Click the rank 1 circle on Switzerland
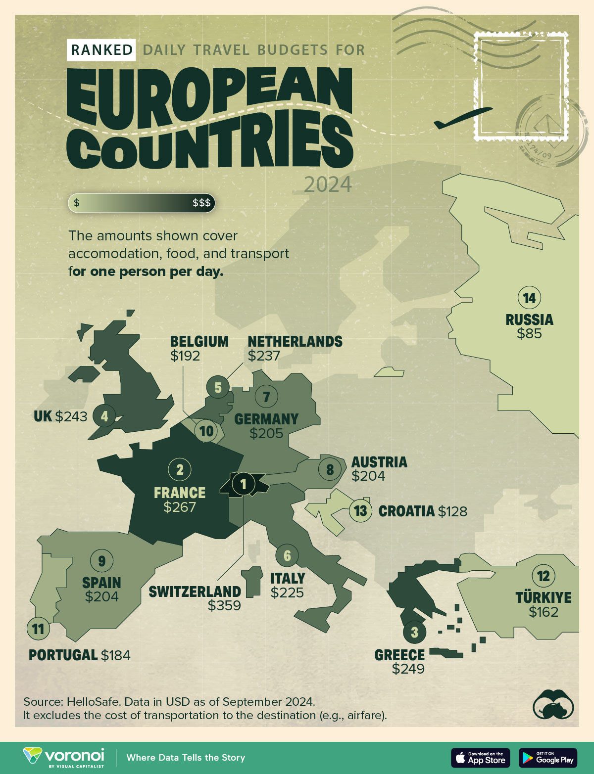[x=243, y=484]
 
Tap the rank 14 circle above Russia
[x=529, y=298]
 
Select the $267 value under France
[x=180, y=507]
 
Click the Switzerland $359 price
[x=224, y=605]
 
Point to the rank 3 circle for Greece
[x=414, y=632]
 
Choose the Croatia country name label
[x=406, y=511]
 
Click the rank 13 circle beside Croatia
[x=361, y=510]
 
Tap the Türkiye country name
[x=543, y=597]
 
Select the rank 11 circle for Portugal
[x=38, y=629]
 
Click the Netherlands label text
[x=295, y=342]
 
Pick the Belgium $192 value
[x=185, y=356]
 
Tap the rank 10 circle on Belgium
[x=206, y=431]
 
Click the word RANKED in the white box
[x=101, y=50]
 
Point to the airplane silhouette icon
[x=462, y=118]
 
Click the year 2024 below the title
[x=328, y=184]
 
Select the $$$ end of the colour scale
[x=201, y=203]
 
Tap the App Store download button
[x=480, y=758]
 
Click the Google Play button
[x=548, y=758]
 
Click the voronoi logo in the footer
[x=64, y=757]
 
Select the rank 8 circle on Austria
[x=330, y=469]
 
